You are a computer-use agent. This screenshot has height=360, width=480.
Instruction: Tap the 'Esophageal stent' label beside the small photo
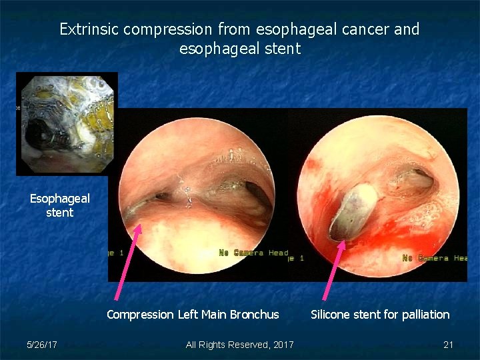[x=60, y=205]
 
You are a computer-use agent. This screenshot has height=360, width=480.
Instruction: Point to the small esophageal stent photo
[x=67, y=123]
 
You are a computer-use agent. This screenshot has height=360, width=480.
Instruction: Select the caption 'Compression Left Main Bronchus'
[x=193, y=314]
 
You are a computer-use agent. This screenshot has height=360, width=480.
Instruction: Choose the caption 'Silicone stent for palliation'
[x=380, y=314]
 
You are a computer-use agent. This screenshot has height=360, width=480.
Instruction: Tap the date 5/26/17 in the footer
[x=41, y=345]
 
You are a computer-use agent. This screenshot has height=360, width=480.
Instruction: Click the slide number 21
[x=448, y=345]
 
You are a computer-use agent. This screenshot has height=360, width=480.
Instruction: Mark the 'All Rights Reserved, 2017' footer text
[x=239, y=345]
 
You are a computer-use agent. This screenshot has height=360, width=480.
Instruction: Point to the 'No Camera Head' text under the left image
[x=253, y=253]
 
